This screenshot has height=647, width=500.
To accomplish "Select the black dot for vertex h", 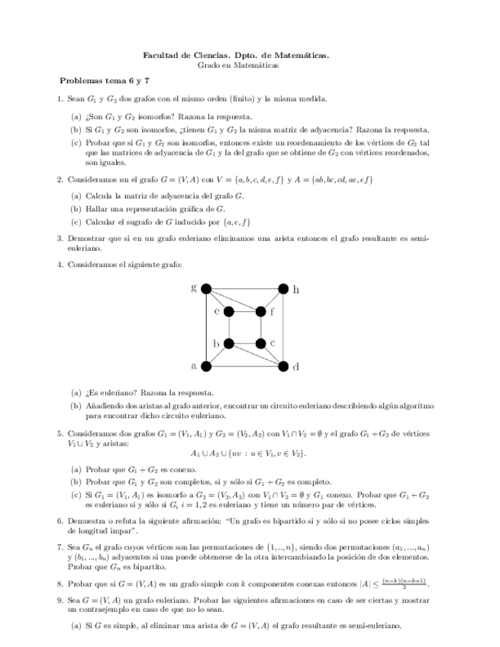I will pyautogui.click(x=283, y=288).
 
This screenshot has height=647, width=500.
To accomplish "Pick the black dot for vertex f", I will pyautogui.click(x=261, y=311).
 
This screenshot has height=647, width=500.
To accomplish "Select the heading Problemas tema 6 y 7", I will pyautogui.click(x=105, y=80).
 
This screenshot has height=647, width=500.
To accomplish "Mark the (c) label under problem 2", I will pyautogui.click(x=76, y=222).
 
